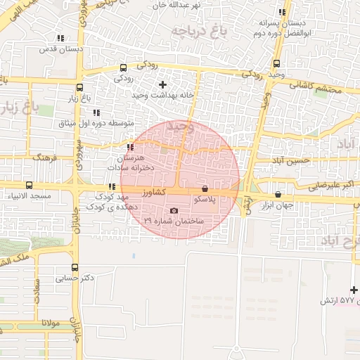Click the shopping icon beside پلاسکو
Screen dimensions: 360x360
pos(205,189)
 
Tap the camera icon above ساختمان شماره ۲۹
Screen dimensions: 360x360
pos(174,210)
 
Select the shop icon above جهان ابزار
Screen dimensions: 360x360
pos(278,195)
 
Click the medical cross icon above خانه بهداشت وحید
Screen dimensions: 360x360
pos(163,84)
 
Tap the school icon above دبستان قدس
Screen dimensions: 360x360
pos(60,39)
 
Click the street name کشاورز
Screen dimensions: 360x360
pos(151,191)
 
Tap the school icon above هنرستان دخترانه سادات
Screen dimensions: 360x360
pos(130,147)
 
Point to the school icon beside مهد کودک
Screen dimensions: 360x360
pos(110,186)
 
